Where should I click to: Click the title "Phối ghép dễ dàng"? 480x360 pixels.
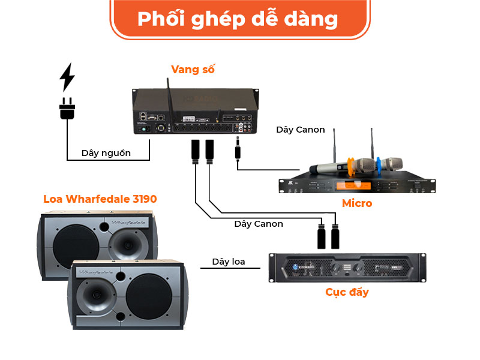(x=238, y=19)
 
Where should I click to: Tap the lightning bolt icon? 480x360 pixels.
(x=67, y=77)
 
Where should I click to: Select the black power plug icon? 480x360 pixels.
(x=67, y=109)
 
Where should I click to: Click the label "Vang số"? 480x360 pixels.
(x=193, y=69)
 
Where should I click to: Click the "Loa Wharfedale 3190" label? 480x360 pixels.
(x=100, y=199)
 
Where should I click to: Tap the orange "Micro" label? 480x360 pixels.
(x=357, y=203)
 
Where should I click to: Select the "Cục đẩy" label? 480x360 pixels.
(x=347, y=292)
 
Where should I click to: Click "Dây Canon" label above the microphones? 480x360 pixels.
(x=301, y=130)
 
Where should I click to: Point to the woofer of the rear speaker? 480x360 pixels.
(x=75, y=242)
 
